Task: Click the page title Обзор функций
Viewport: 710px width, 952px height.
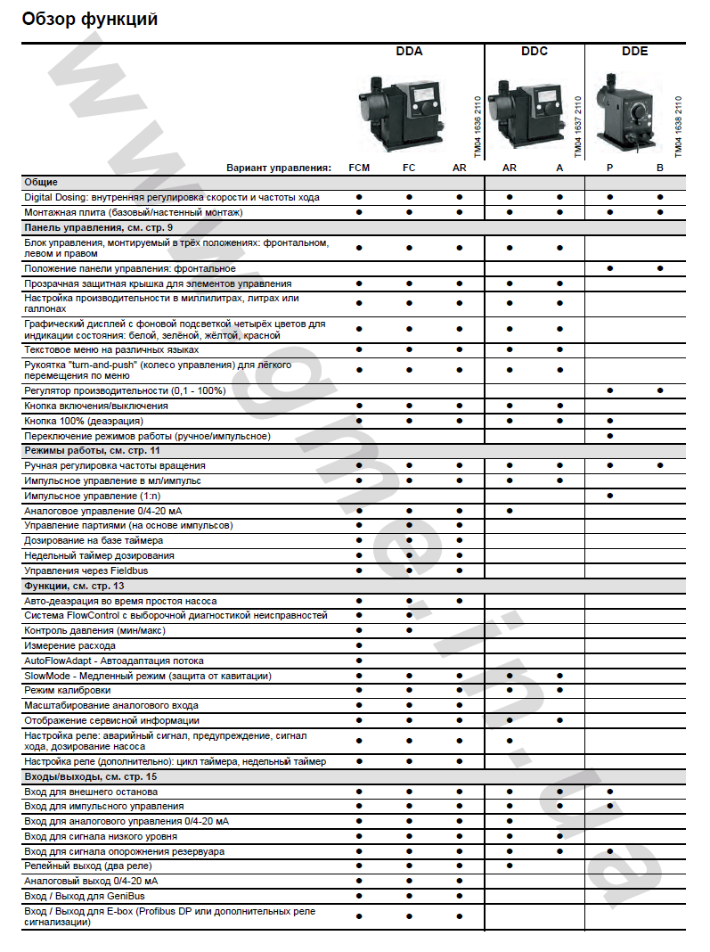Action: pyautogui.click(x=89, y=19)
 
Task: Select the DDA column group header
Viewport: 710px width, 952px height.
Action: pyautogui.click(x=409, y=52)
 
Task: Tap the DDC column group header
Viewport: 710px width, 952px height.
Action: pyautogui.click(x=535, y=52)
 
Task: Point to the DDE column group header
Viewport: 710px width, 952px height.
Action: pyautogui.click(x=635, y=52)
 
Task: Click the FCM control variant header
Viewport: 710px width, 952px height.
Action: pyautogui.click(x=359, y=168)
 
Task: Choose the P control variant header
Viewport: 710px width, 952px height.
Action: pyautogui.click(x=610, y=168)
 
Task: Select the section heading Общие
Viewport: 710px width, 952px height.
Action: pyautogui.click(x=41, y=182)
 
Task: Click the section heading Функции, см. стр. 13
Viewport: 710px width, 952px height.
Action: pyautogui.click(x=74, y=586)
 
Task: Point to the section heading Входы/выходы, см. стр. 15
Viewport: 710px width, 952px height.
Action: pyautogui.click(x=91, y=777)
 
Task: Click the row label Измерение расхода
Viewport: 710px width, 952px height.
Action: pyautogui.click(x=69, y=645)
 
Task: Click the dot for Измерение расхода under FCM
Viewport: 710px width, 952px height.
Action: pyautogui.click(x=359, y=645)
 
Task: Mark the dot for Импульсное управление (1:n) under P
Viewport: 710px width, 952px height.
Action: pyautogui.click(x=610, y=495)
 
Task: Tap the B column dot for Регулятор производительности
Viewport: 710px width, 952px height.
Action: pyautogui.click(x=660, y=390)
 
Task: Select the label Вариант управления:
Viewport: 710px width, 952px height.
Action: pyautogui.click(x=279, y=168)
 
